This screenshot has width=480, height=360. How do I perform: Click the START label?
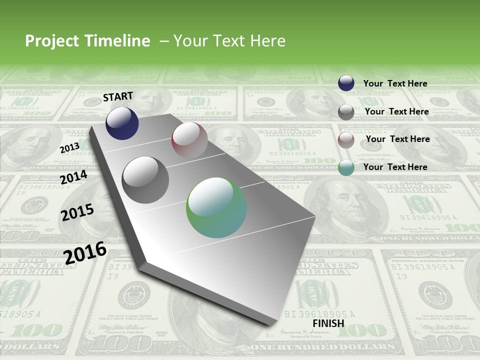pyautogui.click(x=118, y=96)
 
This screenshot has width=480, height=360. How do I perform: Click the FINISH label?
pyautogui.click(x=328, y=323)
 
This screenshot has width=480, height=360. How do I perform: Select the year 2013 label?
pyautogui.click(x=69, y=148)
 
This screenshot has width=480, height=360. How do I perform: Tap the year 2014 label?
pyautogui.click(x=73, y=177)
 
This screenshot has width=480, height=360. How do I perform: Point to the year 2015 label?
pyautogui.click(x=77, y=212)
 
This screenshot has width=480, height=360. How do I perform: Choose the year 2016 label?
pyautogui.click(x=85, y=252)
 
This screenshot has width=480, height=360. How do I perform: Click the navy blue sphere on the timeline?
pyautogui.click(x=122, y=123)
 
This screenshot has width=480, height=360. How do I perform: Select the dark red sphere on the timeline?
pyautogui.click(x=189, y=139)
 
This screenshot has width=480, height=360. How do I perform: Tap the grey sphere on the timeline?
pyautogui.click(x=145, y=180)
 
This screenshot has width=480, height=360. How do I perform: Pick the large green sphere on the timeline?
pyautogui.click(x=216, y=207)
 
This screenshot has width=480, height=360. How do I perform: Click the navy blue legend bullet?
pyautogui.click(x=346, y=83)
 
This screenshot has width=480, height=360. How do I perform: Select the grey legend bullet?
pyautogui.click(x=346, y=112)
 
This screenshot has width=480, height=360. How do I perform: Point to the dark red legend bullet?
pyautogui.click(x=346, y=140)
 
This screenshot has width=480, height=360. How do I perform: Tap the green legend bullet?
pyautogui.click(x=346, y=167)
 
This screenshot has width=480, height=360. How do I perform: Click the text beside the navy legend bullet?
pyautogui.click(x=395, y=83)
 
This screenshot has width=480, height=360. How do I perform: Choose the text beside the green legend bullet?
pyautogui.click(x=395, y=167)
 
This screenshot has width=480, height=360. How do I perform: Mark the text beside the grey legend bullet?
pyautogui.click(x=396, y=111)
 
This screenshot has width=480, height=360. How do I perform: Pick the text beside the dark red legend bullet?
pyautogui.click(x=397, y=139)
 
